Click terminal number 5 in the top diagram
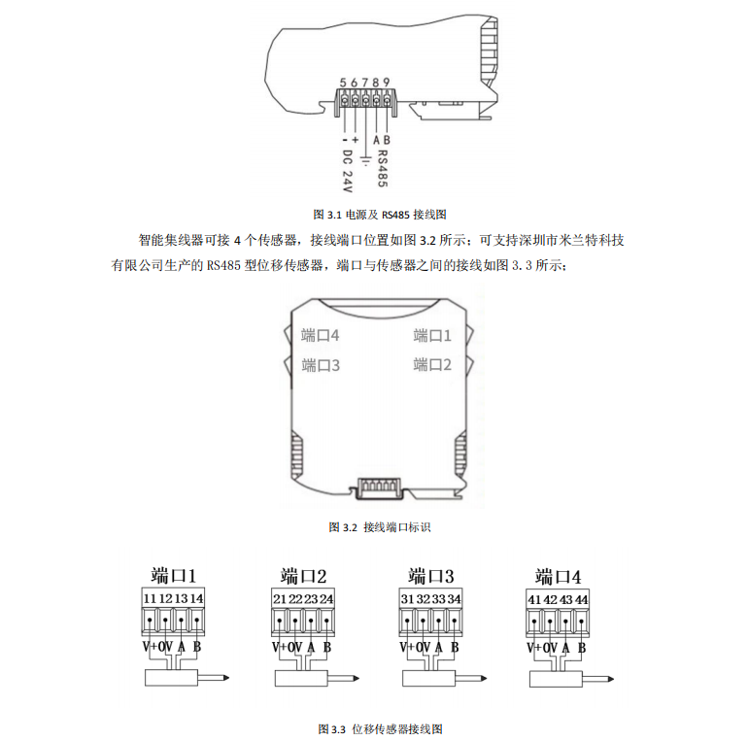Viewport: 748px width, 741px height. point(344,83)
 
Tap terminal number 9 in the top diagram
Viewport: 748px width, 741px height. point(388,83)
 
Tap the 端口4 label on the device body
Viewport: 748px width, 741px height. point(320,336)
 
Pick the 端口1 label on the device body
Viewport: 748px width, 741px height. point(433,336)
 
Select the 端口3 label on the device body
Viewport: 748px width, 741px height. point(320,366)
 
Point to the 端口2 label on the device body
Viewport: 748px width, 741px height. point(433,365)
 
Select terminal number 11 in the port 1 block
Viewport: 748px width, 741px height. point(150,596)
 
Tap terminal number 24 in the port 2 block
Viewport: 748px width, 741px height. point(326,598)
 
